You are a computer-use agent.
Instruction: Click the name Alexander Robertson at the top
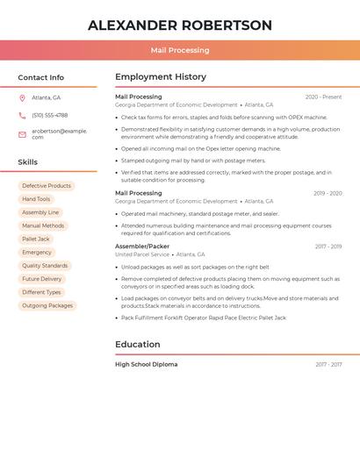180,25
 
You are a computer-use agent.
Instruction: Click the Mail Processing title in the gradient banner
180,50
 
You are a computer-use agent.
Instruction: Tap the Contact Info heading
40,77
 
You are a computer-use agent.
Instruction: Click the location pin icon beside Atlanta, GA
22,98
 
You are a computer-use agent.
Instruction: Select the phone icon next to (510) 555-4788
22,115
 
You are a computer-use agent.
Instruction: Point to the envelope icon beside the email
22,134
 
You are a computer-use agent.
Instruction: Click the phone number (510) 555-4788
49,115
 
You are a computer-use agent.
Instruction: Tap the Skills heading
27,162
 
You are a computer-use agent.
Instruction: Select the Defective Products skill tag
47,186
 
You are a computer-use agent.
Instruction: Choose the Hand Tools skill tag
36,199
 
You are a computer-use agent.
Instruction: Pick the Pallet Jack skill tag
36,239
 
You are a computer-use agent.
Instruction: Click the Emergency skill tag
37,253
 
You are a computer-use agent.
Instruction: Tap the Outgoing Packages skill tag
47,305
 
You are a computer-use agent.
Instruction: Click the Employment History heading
161,77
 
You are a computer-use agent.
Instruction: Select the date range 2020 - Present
323,97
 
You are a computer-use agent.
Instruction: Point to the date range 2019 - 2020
328,193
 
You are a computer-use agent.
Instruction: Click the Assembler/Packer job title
142,247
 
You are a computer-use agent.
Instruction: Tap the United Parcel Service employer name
142,254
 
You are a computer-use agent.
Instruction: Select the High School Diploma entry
146,364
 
